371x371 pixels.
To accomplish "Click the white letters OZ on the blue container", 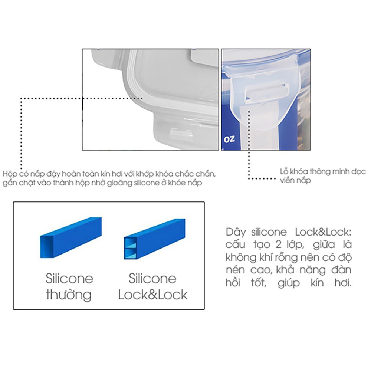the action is [229, 139].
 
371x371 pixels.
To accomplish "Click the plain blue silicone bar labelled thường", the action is [71, 237].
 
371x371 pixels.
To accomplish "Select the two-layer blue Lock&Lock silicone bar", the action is [154, 239].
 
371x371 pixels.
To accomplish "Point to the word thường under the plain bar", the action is [69, 295].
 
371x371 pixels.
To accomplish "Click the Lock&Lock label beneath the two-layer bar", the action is [152, 295].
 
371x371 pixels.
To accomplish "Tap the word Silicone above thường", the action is [69, 279].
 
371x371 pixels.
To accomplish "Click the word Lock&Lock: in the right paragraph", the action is [323, 232].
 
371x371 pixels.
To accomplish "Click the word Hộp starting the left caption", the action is [10, 174].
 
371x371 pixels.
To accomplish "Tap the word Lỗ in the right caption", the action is [284, 171].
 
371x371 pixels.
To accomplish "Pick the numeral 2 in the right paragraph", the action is [279, 245].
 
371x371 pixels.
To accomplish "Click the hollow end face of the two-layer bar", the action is [130, 248].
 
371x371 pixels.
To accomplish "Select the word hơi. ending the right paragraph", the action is [343, 283].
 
